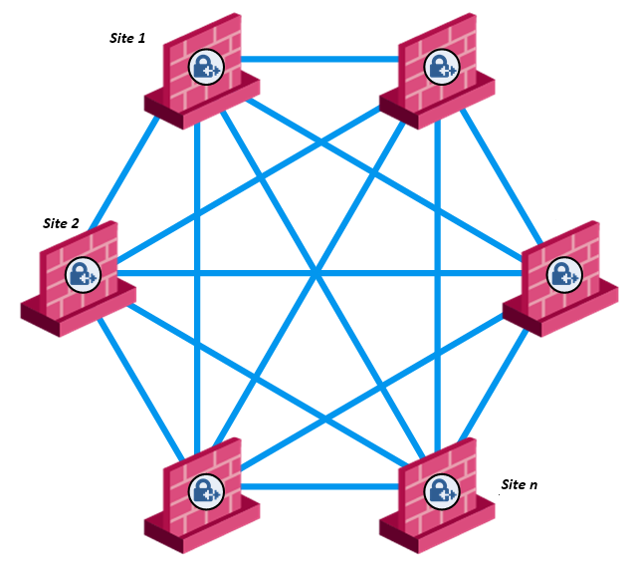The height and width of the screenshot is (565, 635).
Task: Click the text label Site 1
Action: coord(127,38)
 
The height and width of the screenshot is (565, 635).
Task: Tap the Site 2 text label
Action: coord(61,223)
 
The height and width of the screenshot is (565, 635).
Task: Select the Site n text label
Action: coord(520,484)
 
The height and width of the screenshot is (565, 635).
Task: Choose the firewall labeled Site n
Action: coord(438,495)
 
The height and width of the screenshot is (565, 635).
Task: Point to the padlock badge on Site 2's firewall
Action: coord(82,273)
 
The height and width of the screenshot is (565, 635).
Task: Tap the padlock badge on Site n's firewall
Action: coord(439,490)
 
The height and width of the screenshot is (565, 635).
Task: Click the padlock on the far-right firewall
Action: coord(564,273)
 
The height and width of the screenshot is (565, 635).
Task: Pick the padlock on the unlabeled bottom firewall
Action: coord(206,490)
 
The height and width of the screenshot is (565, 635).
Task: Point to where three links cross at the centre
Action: coord(317,272)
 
